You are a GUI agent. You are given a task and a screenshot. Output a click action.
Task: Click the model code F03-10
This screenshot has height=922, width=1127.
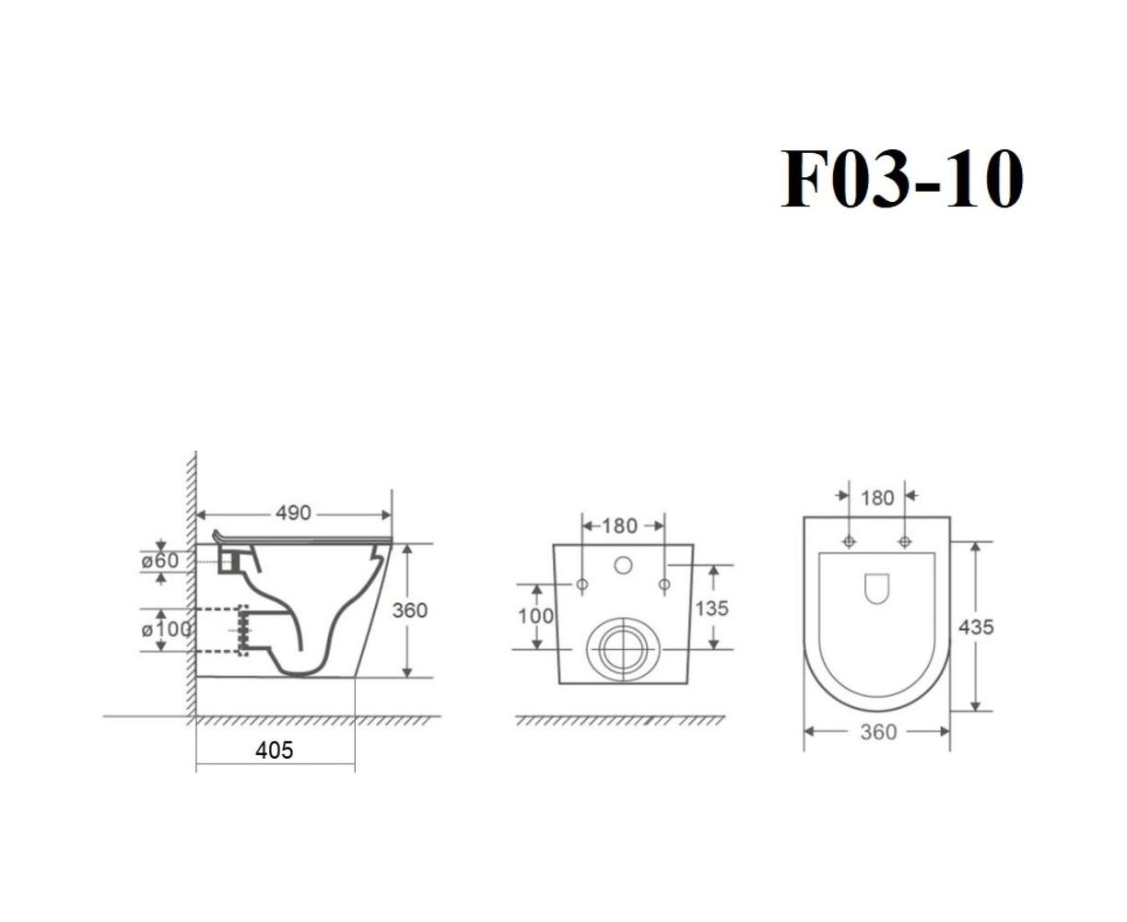[901, 179]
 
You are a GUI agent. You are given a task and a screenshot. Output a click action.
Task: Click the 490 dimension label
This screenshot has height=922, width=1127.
[293, 514]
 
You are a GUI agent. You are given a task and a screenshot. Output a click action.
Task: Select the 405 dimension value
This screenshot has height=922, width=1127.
[274, 751]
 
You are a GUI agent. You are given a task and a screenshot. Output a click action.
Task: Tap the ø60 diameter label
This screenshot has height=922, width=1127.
[160, 561]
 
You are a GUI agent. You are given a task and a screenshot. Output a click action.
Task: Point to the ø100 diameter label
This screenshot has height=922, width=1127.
[166, 630]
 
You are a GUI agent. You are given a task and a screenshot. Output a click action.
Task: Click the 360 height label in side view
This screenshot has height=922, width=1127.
[410, 610]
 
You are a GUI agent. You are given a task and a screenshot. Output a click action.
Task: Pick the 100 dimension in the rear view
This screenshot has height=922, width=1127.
[536, 617]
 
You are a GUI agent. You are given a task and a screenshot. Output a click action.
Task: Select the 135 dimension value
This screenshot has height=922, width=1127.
[712, 609]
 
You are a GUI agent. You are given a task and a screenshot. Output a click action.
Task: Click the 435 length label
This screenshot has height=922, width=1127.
[976, 627]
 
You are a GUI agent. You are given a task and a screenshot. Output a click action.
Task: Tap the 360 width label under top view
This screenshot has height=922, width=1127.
[878, 732]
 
